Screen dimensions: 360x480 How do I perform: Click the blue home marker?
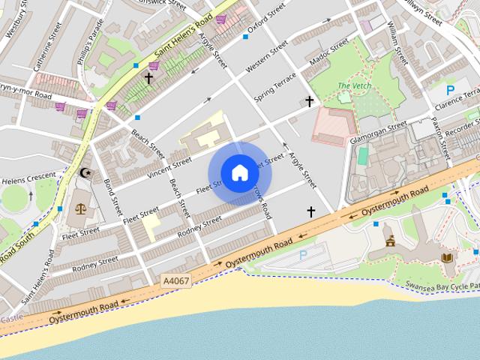(239, 173)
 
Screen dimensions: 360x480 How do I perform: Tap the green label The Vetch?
(353, 86)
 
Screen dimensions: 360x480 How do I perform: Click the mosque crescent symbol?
(85, 173)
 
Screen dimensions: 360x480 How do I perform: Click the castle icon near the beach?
(390, 241)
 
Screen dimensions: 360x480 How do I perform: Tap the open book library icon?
(447, 257)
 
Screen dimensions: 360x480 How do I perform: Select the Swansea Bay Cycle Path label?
(442, 286)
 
